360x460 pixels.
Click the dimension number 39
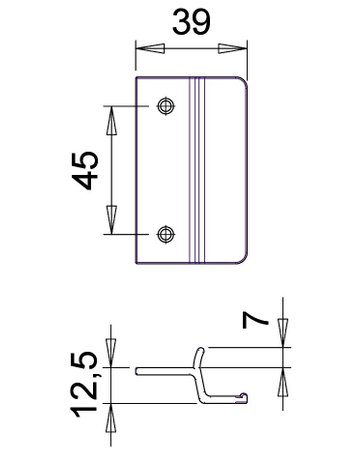tap(191, 22)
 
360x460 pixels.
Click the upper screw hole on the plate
tap(166, 104)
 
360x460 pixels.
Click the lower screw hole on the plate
tap(166, 234)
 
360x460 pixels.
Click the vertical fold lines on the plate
tap(200, 170)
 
